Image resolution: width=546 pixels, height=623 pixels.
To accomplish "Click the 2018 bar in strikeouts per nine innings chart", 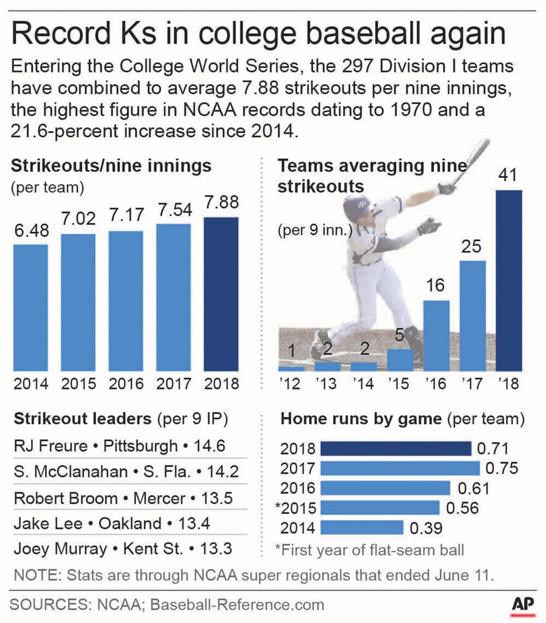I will [221, 294].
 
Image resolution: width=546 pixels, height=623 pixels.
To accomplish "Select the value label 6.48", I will [31, 230].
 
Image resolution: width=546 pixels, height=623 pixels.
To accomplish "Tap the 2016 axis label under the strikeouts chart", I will [126, 384].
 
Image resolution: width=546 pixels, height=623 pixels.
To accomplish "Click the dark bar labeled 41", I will [508, 281].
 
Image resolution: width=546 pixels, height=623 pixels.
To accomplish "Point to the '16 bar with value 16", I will [436, 336].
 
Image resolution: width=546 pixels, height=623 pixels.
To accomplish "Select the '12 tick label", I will [290, 384].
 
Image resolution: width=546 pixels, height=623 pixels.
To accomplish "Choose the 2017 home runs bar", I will [399, 468].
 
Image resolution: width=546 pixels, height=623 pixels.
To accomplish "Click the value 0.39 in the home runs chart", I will [426, 528].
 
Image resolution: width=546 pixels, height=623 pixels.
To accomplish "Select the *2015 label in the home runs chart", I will [296, 508].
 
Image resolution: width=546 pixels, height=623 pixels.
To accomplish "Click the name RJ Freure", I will [51, 446].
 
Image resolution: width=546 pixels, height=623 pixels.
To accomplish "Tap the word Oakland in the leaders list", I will [130, 524].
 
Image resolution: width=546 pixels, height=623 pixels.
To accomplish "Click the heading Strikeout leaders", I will [82, 419].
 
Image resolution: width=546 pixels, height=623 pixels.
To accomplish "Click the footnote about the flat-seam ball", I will [370, 550].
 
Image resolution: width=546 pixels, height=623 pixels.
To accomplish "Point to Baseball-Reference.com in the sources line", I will [237, 605].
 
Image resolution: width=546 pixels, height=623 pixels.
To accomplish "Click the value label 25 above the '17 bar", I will [471, 246].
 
